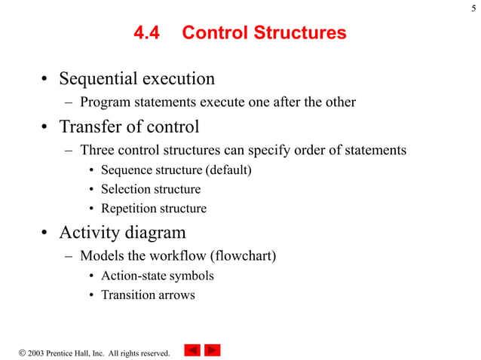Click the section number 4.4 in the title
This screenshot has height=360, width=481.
148,33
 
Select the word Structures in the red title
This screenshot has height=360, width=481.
303,33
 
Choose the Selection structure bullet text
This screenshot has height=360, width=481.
151,190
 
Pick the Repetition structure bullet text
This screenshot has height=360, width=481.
153,209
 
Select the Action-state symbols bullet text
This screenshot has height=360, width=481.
157,276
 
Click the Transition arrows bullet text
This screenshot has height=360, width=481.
148,295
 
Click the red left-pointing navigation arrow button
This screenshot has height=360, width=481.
192,349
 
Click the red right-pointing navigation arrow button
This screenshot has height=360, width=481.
213,349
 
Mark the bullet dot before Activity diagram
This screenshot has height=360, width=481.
44,233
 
